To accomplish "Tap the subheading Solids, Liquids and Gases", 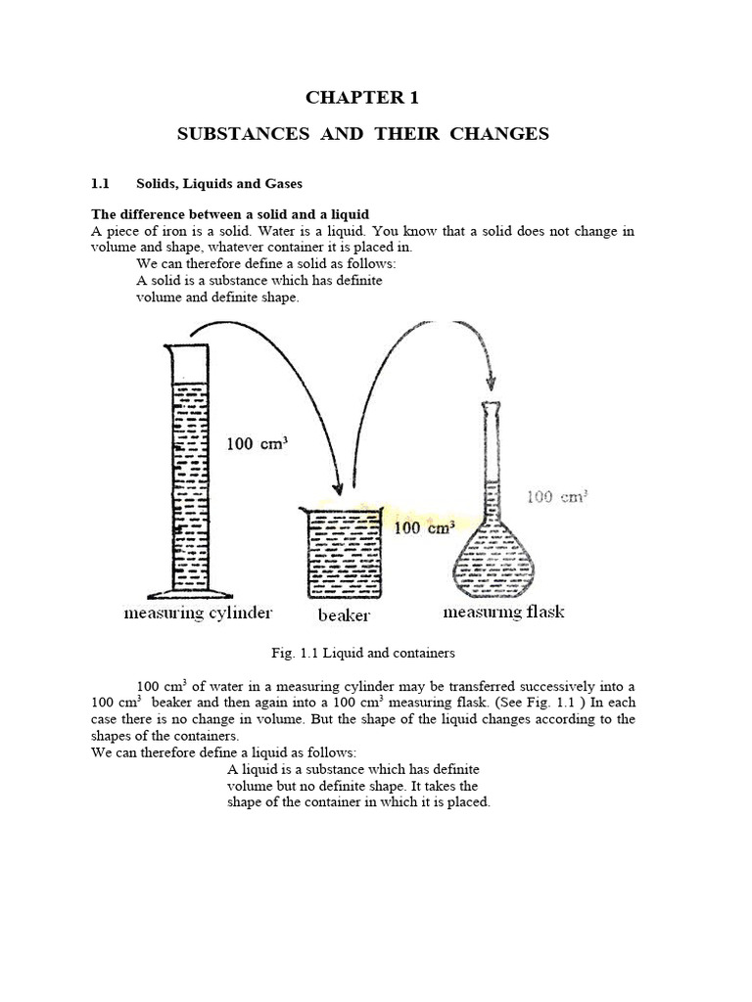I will [x=219, y=184].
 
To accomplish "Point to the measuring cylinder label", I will [x=197, y=614].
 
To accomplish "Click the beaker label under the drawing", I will [x=344, y=615].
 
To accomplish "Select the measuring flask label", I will [x=503, y=613].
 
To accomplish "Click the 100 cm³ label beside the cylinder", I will [x=258, y=443].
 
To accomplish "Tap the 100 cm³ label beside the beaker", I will [x=423, y=528].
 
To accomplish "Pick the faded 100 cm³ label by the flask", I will [x=556, y=497].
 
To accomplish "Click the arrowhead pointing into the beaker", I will [x=339, y=485].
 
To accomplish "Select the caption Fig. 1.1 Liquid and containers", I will [x=362, y=653].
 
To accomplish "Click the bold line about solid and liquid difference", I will [x=230, y=214].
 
